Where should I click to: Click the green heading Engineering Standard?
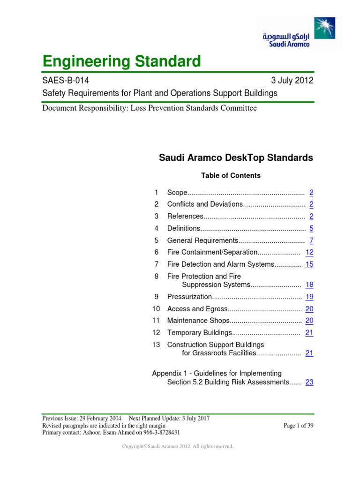pos(121,61)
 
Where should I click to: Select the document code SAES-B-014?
pos(66,80)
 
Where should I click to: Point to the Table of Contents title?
pos(231,176)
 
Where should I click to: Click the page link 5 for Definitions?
pos(311,228)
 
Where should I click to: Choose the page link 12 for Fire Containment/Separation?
pos(309,252)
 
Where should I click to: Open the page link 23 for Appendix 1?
pos(309,382)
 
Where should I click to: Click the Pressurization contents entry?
pos(190,297)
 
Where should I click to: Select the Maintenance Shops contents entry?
pos(198,321)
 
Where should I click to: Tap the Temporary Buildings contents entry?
pos(200,333)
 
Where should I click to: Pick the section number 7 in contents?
pos(157,264)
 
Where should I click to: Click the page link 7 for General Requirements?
pos(311,240)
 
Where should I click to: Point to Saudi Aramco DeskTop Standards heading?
pos(236,158)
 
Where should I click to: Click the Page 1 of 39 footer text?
pos(299,426)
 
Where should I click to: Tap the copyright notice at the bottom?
pos(178,447)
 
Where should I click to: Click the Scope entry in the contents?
pos(177,193)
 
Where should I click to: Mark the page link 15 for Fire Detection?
pos(309,264)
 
